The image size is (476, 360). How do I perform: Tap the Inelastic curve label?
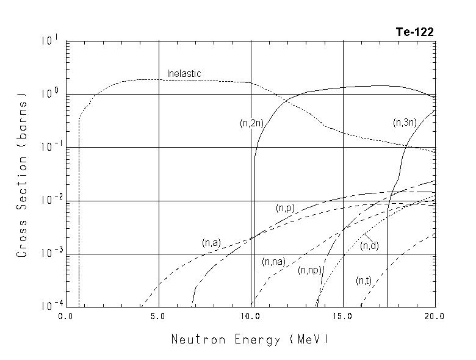tap(184, 74)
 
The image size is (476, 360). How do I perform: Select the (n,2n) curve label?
tap(251, 123)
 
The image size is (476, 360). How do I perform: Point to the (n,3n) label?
tap(405, 123)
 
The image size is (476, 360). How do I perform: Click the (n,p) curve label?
tap(285, 209)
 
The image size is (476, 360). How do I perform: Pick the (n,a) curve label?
tap(211, 243)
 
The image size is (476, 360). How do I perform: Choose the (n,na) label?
tap(273, 262)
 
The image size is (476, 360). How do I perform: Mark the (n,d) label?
tap(369, 246)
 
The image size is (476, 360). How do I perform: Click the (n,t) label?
tap(364, 281)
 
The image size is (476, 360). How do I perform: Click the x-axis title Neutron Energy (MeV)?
tap(250, 339)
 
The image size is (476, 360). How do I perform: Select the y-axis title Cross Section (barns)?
tap(22, 175)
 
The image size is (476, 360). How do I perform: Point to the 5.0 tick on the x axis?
tap(159, 317)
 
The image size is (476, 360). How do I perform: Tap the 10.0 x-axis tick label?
tap(251, 317)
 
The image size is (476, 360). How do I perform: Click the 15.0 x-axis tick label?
tap(343, 317)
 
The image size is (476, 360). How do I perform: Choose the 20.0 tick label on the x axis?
tap(435, 317)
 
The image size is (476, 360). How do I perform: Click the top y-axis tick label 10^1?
tap(51, 40)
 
